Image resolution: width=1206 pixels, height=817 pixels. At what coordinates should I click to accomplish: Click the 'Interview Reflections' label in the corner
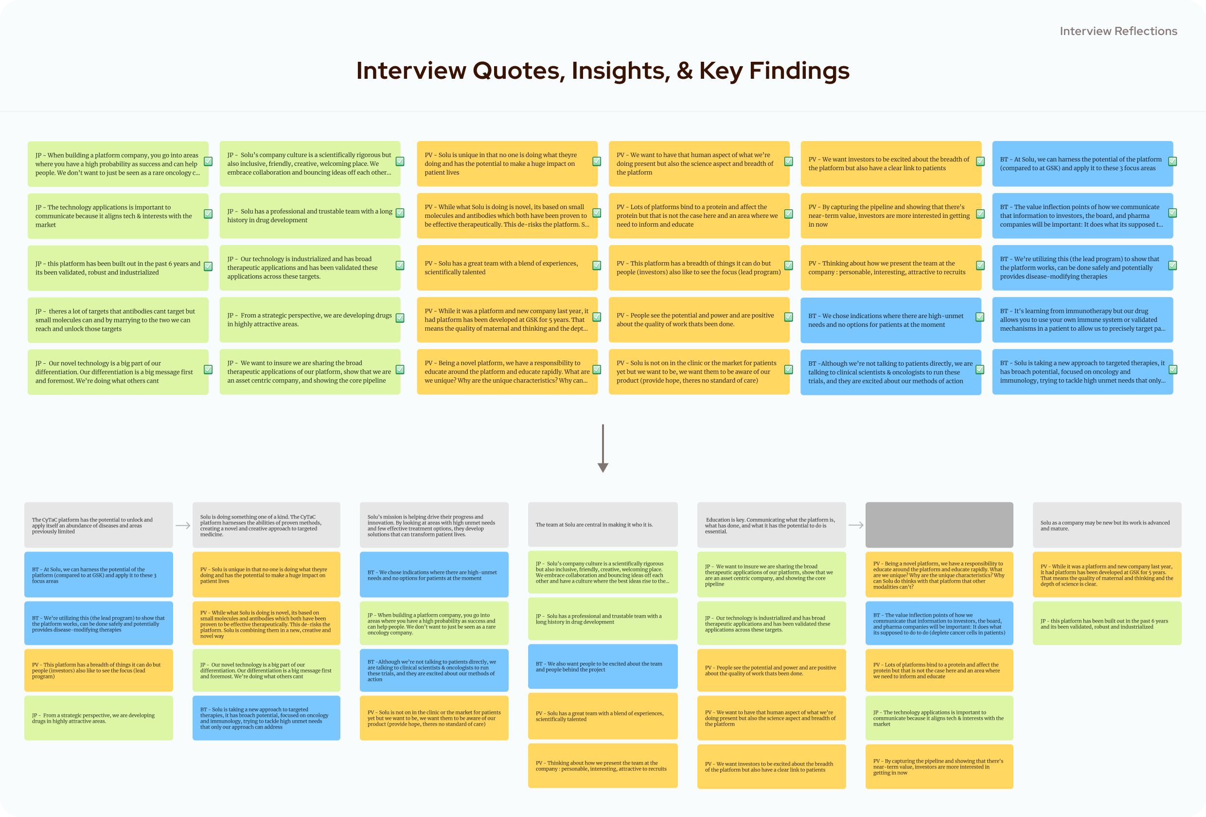pos(1118,31)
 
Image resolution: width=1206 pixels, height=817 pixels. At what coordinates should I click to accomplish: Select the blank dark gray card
pos(939,525)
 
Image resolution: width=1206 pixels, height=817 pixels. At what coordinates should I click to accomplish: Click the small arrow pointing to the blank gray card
pos(856,525)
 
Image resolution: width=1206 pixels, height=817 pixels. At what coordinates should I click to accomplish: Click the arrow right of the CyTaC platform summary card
pos(183,525)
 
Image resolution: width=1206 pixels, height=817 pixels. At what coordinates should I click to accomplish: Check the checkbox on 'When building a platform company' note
pos(208,161)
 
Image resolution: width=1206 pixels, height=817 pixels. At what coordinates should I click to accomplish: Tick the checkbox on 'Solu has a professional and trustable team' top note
pos(400,213)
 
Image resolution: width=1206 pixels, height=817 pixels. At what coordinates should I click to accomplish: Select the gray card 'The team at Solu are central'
pos(603,525)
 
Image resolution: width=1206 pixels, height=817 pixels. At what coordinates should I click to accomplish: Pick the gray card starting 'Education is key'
pos(771,525)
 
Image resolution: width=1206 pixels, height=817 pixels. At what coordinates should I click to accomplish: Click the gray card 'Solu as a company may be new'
pos(1106,525)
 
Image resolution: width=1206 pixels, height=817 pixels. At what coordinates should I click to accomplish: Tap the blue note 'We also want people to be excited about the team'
pos(603,666)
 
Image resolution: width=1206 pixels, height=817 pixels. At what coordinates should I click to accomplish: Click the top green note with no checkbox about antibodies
pos(118,320)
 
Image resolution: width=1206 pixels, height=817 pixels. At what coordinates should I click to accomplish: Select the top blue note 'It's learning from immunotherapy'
pos(1082,320)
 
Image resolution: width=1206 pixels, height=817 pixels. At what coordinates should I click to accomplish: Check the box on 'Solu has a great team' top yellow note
pos(597,265)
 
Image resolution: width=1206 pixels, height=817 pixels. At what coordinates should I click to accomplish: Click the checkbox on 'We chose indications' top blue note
pos(980,317)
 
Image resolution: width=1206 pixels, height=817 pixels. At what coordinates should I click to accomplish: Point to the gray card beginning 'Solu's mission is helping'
pos(434,525)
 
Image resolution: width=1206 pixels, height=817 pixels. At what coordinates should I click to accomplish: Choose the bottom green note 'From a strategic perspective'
pos(99,718)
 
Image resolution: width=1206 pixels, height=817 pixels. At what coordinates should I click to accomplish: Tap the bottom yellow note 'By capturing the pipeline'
pos(939,766)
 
